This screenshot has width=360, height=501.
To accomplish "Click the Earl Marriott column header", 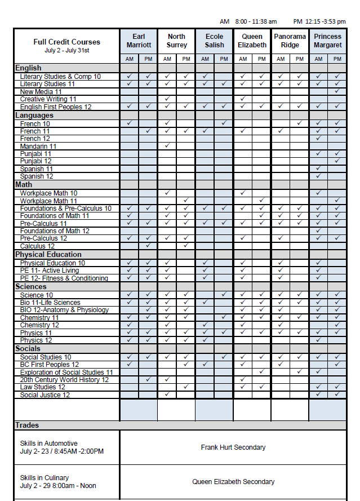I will (x=139, y=41).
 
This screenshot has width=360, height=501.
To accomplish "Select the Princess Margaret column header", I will (x=328, y=41).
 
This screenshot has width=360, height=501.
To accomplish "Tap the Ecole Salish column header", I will (x=214, y=41).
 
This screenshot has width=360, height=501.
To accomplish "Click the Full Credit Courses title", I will (x=66, y=42).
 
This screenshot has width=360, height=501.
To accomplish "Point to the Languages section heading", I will (x=34, y=115).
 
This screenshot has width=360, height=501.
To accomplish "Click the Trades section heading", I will (x=27, y=425).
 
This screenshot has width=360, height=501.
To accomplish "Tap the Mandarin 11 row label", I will (x=38, y=146).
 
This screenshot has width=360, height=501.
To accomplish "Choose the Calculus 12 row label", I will (x=37, y=246).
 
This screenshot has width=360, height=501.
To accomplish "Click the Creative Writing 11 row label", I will (x=48, y=99).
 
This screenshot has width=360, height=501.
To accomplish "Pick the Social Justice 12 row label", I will (x=45, y=395).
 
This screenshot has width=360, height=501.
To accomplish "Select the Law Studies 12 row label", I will (x=42, y=387).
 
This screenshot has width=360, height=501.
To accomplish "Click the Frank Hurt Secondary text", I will (x=233, y=447).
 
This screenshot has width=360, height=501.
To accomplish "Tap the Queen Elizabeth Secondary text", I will (x=233, y=482).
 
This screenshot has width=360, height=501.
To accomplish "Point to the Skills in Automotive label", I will (x=48, y=444).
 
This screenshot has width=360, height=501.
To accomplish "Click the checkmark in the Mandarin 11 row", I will (x=167, y=146).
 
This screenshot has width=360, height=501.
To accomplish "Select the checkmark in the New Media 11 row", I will (x=337, y=91).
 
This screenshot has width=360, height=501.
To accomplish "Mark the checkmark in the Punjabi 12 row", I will (x=337, y=161).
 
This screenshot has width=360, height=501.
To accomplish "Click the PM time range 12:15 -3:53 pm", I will (x=319, y=21).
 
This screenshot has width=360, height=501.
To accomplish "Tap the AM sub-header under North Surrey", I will (x=167, y=59).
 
